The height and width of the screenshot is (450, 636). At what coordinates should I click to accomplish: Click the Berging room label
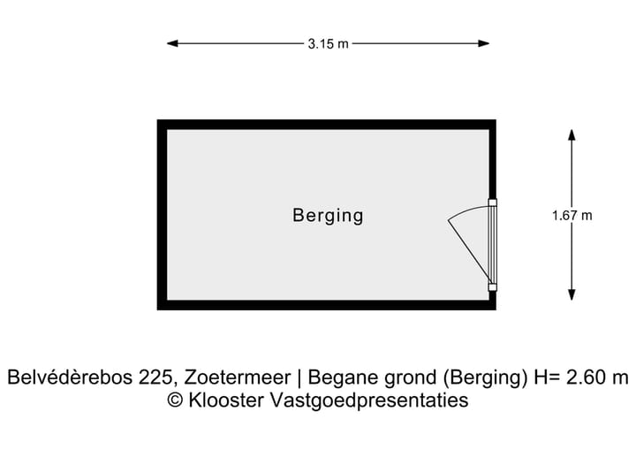click(328, 215)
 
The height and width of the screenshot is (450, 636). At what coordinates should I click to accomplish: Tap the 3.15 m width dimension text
click(328, 43)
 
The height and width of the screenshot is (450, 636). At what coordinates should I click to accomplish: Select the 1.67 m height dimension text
click(572, 215)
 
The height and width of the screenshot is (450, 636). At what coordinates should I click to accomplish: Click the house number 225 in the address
click(155, 378)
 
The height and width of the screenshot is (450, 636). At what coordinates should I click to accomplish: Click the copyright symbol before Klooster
click(175, 400)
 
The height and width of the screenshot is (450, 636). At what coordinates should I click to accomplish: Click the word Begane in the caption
click(341, 378)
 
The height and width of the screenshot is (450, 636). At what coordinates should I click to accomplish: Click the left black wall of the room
click(163, 215)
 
